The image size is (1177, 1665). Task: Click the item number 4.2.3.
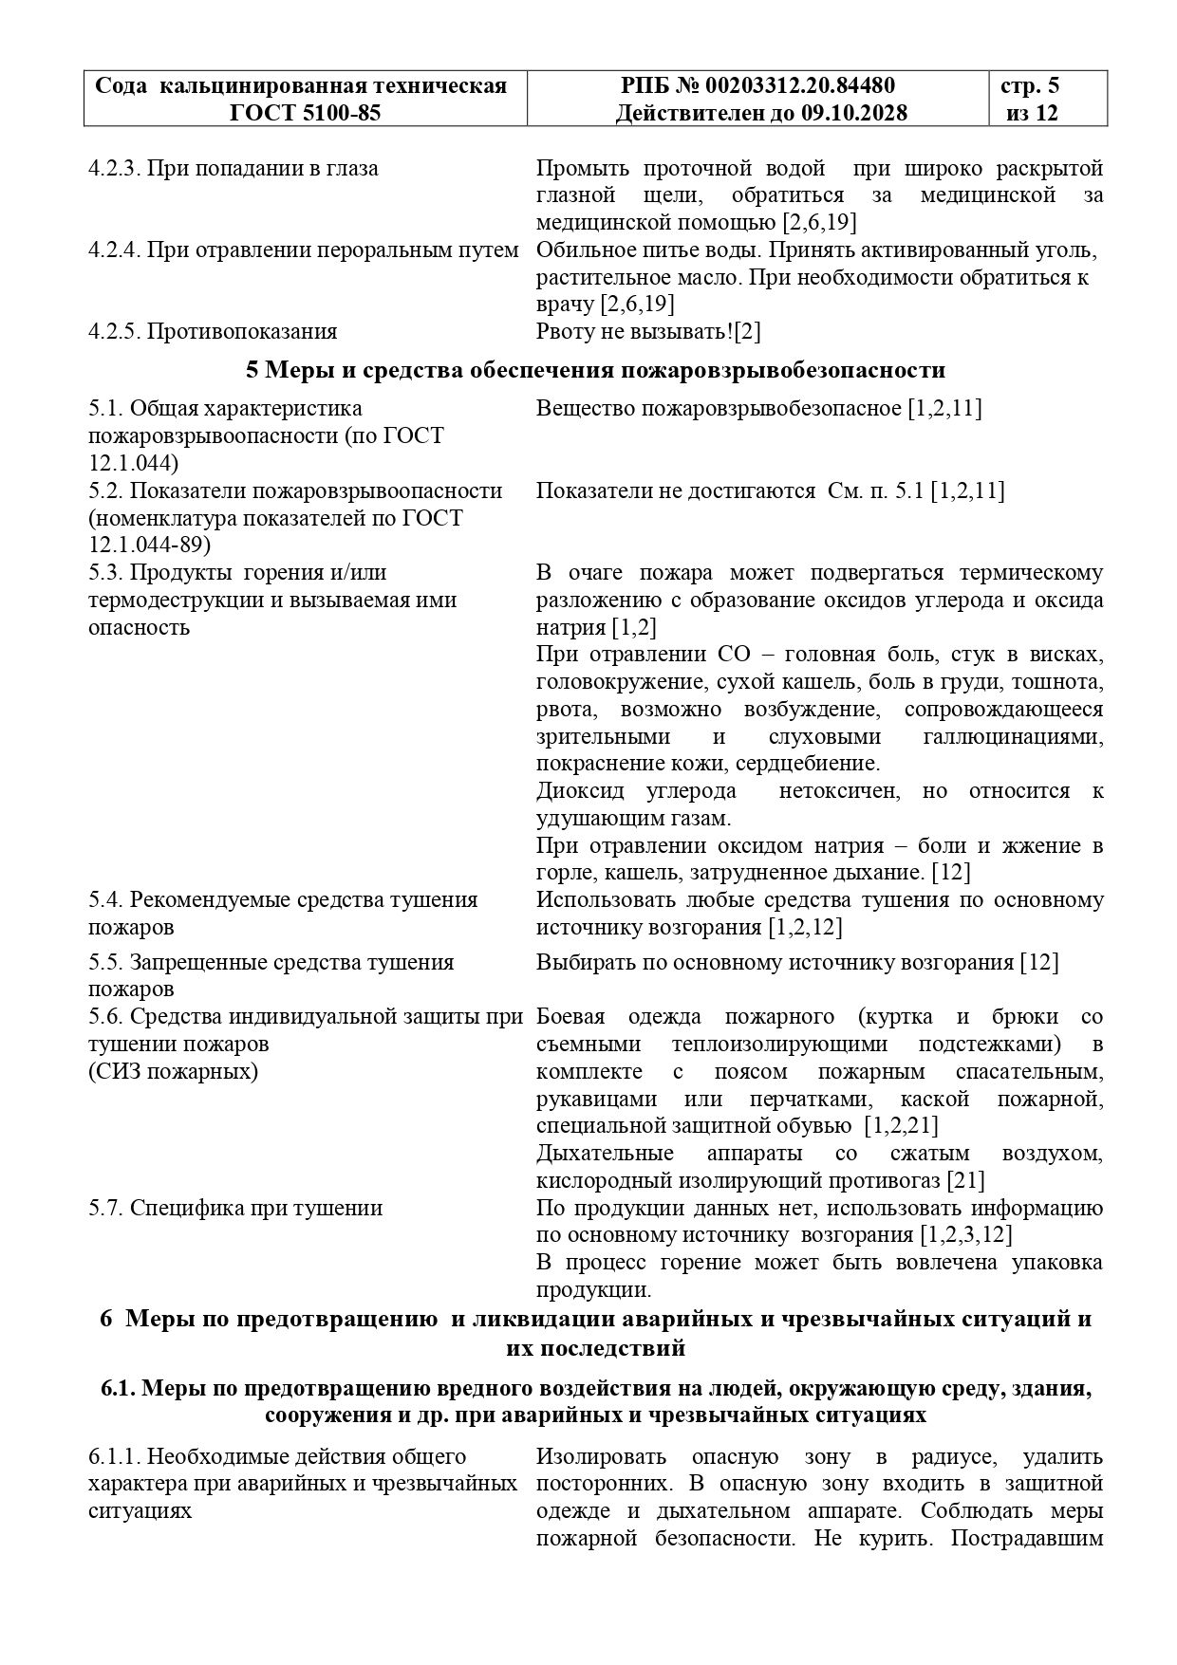coord(114,169)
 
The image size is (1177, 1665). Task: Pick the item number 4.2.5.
coord(114,331)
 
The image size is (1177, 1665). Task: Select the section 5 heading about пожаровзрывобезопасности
coord(595,370)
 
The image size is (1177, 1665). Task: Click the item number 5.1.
coord(105,409)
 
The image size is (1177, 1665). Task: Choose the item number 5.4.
coord(105,899)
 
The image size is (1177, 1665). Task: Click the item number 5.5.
coord(105,962)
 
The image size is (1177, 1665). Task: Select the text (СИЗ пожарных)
coord(173,1072)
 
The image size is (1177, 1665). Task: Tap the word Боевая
coord(570,1017)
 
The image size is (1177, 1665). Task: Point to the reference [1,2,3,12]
coord(965,1235)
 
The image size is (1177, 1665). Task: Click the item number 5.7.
coord(105,1208)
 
